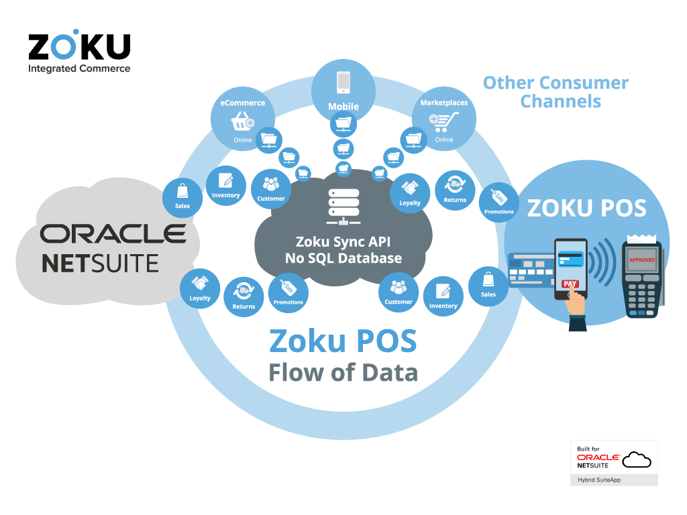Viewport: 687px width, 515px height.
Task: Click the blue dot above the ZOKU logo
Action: [76, 32]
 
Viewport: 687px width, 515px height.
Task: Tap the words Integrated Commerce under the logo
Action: [79, 69]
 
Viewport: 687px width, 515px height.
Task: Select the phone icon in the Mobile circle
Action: [343, 82]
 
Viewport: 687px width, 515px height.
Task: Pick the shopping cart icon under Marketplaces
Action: [444, 122]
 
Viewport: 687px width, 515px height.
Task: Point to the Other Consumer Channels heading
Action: [556, 92]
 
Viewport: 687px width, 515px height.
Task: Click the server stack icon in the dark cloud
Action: [343, 207]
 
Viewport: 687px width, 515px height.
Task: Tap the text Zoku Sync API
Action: [343, 241]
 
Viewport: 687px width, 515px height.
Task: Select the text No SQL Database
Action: [343, 258]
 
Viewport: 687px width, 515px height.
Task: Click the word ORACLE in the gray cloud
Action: [113, 234]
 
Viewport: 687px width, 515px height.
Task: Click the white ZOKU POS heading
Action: [586, 208]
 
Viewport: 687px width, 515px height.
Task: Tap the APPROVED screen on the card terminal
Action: [642, 260]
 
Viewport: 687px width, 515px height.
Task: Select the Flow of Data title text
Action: [343, 373]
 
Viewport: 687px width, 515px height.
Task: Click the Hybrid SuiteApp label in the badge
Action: [599, 480]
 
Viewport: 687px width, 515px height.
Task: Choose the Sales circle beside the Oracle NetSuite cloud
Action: [182, 198]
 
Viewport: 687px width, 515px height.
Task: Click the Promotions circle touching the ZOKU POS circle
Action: [498, 203]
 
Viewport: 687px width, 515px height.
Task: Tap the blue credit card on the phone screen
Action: [571, 260]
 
